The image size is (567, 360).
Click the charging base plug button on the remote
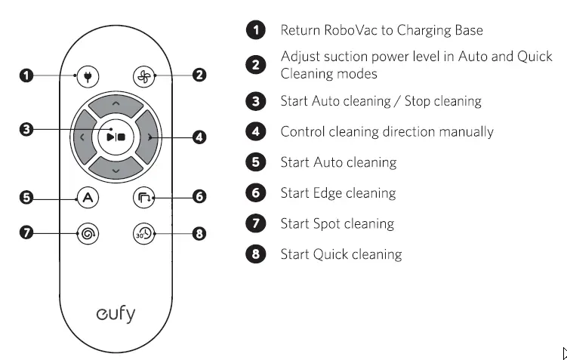88,75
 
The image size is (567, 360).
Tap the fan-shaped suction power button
143,75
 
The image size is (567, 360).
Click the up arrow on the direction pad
116,103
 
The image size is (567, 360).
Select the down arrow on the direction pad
116,171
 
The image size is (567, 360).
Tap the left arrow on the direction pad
82,137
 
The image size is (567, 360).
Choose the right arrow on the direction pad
150,137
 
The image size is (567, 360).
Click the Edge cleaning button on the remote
143,198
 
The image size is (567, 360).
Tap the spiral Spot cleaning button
88,233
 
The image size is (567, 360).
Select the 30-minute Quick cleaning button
143,233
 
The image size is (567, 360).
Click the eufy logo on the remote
116,312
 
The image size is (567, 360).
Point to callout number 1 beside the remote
26,75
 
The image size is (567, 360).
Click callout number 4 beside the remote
199,137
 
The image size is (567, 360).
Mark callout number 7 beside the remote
26,233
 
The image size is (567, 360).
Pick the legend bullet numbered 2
256,65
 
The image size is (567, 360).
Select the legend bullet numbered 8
256,254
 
